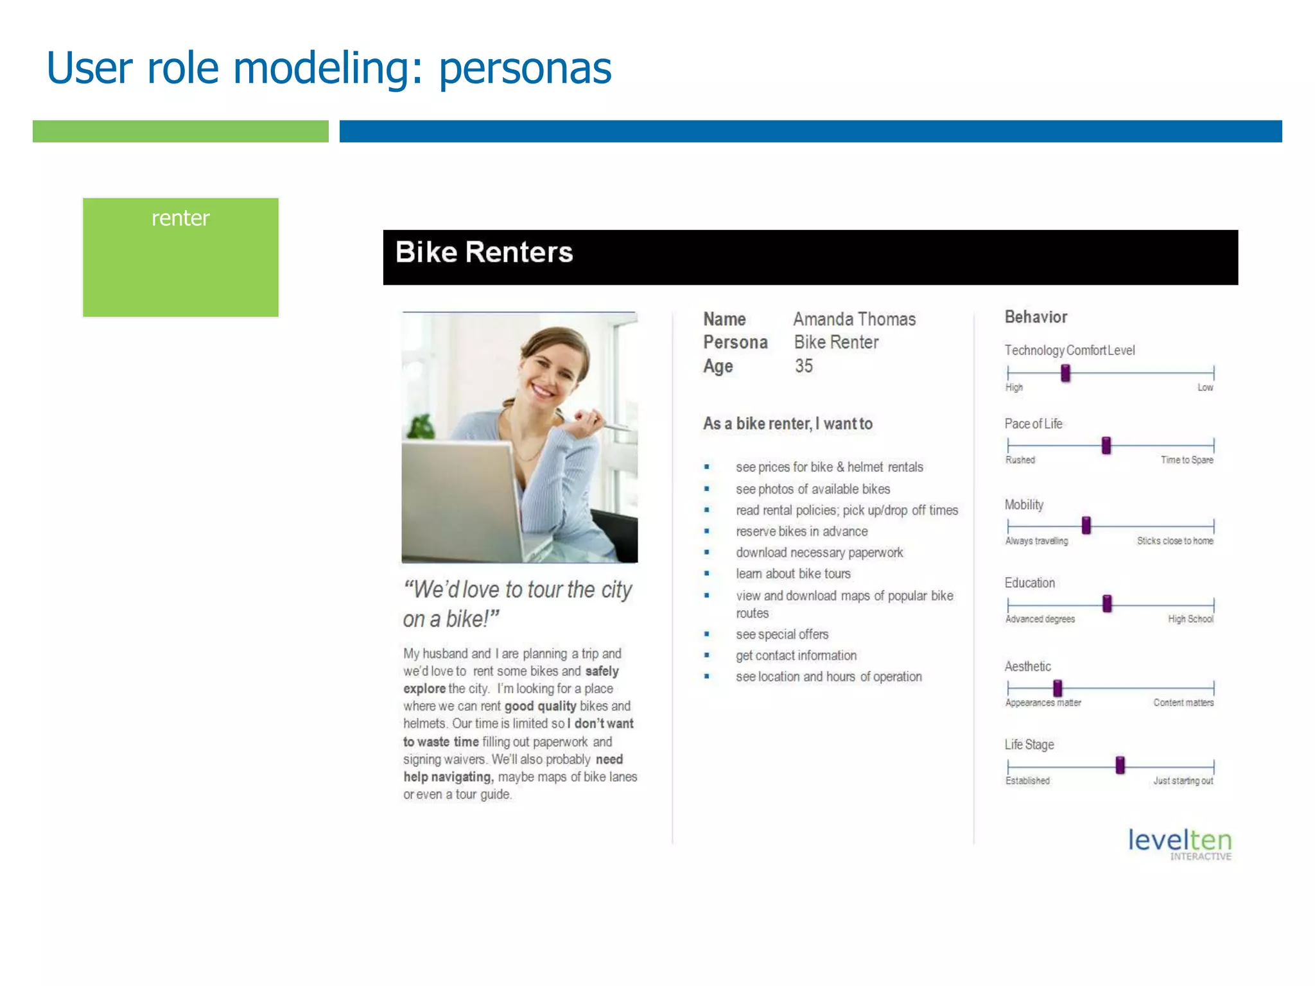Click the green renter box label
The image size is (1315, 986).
[180, 219]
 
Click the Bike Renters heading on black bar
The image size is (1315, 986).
[483, 252]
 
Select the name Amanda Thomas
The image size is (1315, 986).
[854, 319]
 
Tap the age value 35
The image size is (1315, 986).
[803, 366]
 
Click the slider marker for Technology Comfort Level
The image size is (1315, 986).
[1065, 373]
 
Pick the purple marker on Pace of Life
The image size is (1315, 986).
[1106, 445]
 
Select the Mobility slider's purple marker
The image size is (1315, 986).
[1086, 525]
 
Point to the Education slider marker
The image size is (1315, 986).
[1107, 603]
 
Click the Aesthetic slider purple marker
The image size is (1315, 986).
[1058, 688]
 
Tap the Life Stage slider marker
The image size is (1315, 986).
[1120, 765]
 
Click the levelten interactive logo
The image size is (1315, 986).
[1180, 843]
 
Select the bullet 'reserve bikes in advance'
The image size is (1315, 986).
[801, 532]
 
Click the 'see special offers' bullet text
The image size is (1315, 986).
[781, 634]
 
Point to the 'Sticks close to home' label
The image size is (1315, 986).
[1174, 541]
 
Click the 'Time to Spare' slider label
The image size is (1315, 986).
[1187, 460]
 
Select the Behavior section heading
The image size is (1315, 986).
[1035, 317]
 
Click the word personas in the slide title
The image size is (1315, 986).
[525, 68]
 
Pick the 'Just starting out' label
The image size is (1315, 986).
[1183, 781]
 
